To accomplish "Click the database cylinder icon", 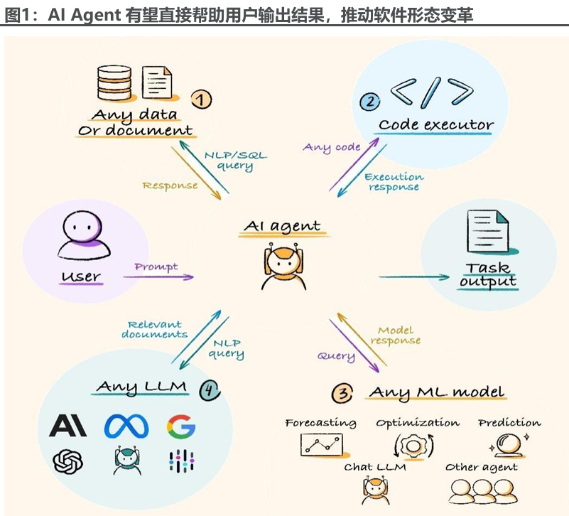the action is click(x=114, y=82).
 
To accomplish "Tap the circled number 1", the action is click(x=202, y=99).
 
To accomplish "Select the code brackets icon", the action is click(x=432, y=92).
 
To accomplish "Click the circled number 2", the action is click(x=370, y=102).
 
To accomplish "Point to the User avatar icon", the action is click(x=83, y=235).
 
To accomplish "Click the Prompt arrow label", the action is click(x=156, y=267).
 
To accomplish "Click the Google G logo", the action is click(x=181, y=426).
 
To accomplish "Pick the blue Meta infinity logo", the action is click(x=126, y=426).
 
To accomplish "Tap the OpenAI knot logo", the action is click(x=68, y=461).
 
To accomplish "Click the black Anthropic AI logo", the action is click(x=68, y=426).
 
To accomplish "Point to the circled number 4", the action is click(x=210, y=390).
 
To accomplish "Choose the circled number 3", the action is click(x=342, y=393).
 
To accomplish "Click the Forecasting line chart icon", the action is click(x=322, y=445).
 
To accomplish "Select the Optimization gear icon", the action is click(x=413, y=446).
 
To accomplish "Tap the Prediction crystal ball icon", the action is click(x=509, y=445).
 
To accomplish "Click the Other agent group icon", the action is click(x=483, y=491).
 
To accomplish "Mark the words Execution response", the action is click(x=394, y=182).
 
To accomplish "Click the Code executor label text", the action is click(x=436, y=124).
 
